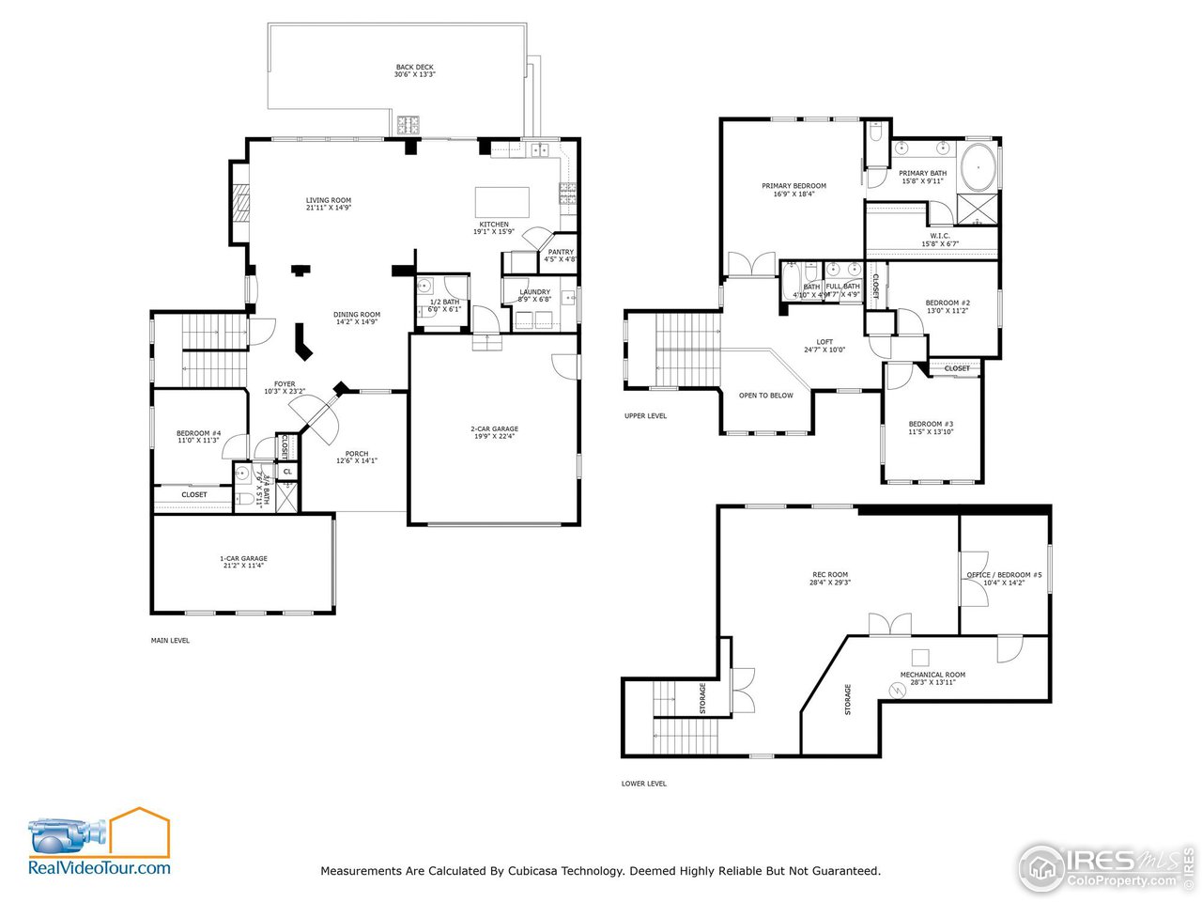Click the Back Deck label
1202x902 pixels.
(x=414, y=70)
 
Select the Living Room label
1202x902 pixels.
(x=329, y=204)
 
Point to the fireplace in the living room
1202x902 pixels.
(x=241, y=202)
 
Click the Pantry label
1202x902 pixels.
(x=561, y=256)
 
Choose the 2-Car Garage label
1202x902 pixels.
(x=494, y=432)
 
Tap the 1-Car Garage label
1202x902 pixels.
(x=243, y=562)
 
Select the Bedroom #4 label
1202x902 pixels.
(x=198, y=436)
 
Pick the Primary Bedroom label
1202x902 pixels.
(x=794, y=190)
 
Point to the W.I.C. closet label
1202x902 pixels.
(x=939, y=240)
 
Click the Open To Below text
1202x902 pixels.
(x=765, y=396)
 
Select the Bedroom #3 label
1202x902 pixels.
(x=931, y=428)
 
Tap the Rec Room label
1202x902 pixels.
(x=830, y=578)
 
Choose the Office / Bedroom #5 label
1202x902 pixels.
(x=1004, y=578)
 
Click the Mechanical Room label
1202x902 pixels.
(x=932, y=677)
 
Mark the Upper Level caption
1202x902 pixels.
(x=645, y=415)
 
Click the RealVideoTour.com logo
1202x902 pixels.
(x=99, y=843)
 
